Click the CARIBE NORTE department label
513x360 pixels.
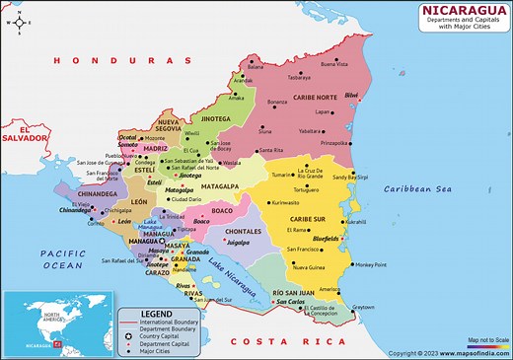point(316,98)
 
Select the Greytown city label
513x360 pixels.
point(363,307)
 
